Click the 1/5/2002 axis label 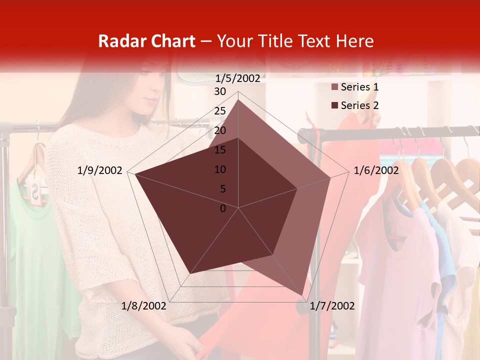coord(237,78)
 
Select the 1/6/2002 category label coord(376,170)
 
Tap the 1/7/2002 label coord(332,306)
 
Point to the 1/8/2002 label coord(144,306)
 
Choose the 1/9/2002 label coord(100,170)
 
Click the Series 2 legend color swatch coord(335,105)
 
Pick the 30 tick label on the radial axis coord(220,91)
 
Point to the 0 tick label coord(223,208)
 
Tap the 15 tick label coord(220,150)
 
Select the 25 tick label coord(220,111)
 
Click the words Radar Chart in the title coord(146,41)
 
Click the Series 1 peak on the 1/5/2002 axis coord(238,99)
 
